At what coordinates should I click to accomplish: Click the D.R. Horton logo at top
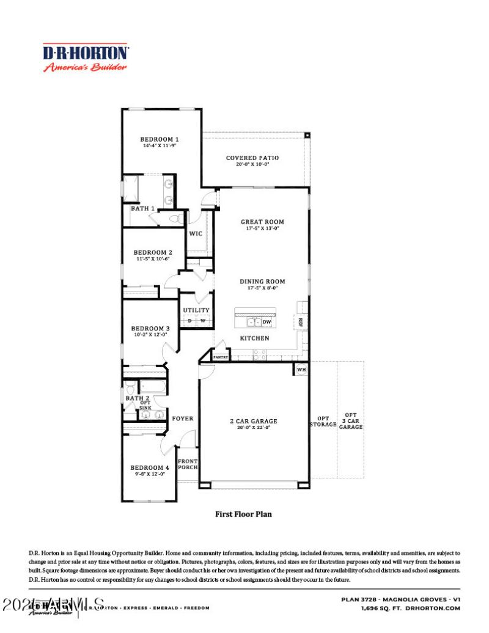pyautogui.click(x=85, y=58)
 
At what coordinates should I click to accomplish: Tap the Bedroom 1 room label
pyautogui.click(x=160, y=139)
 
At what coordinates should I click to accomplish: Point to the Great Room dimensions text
pyautogui.click(x=262, y=229)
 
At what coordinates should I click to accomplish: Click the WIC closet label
pyautogui.click(x=196, y=233)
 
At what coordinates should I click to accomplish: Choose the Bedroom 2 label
pyautogui.click(x=153, y=252)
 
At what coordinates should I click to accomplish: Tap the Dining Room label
pyautogui.click(x=262, y=282)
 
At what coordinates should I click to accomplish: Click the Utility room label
pyautogui.click(x=196, y=310)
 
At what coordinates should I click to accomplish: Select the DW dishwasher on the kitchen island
pyautogui.click(x=267, y=322)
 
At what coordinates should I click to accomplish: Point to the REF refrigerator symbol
pyautogui.click(x=301, y=322)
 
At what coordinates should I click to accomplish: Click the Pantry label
pyautogui.click(x=221, y=357)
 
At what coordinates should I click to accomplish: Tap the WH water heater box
pyautogui.click(x=301, y=370)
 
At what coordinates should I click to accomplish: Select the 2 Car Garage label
pyautogui.click(x=254, y=421)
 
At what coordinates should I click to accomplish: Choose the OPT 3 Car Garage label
pyautogui.click(x=351, y=420)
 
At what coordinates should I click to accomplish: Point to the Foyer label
pyautogui.click(x=182, y=419)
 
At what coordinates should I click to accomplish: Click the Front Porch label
pyautogui.click(x=188, y=464)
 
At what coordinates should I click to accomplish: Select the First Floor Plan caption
pyautogui.click(x=243, y=514)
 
